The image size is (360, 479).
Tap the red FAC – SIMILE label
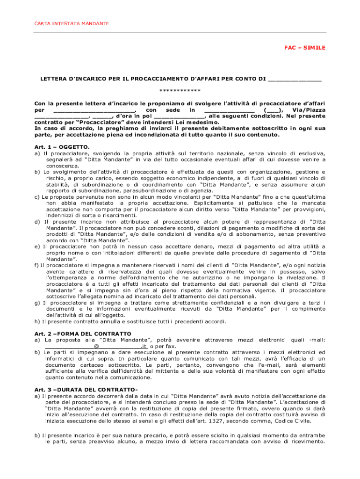(305, 48)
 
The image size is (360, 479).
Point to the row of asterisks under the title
(180, 90)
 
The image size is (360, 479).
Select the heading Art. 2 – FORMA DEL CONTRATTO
(83, 334)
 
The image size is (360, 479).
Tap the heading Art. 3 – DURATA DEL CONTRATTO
(86, 389)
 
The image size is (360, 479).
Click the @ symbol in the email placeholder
(96, 346)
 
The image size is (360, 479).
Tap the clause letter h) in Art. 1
(37, 321)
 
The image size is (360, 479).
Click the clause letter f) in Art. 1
(36, 265)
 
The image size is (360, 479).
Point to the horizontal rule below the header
(180, 32)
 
